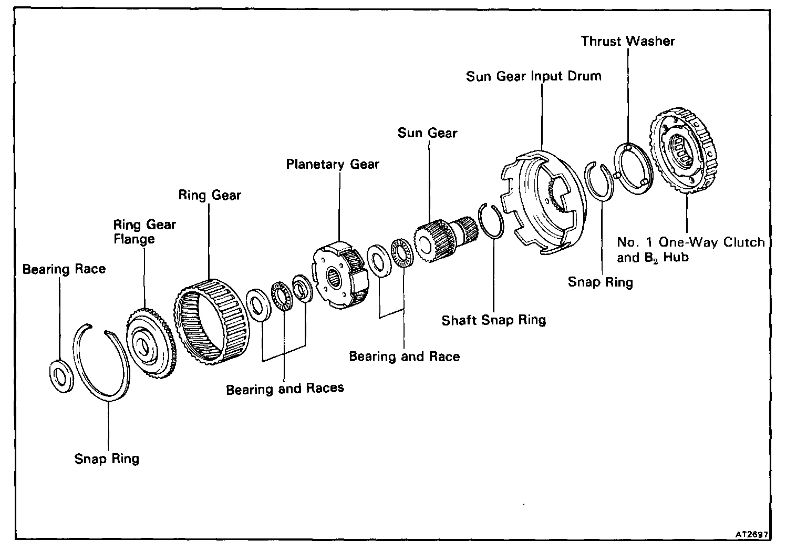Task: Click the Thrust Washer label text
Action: (627, 41)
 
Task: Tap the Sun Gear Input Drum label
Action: (533, 76)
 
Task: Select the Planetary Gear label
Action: (332, 165)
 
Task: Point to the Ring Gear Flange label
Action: (144, 232)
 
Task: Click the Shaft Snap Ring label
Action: (493, 320)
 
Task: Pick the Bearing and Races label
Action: (285, 389)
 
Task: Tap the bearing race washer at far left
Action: (62, 375)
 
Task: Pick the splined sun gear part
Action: (444, 237)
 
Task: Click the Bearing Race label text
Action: (64, 269)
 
